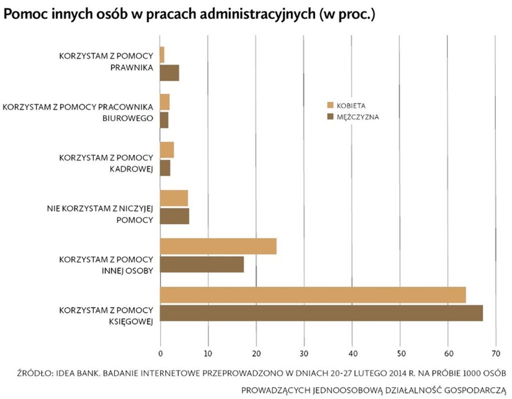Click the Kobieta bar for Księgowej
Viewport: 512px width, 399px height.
[313, 295]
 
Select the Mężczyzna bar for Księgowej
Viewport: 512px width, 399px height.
[321, 313]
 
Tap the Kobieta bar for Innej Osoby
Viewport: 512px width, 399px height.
[218, 246]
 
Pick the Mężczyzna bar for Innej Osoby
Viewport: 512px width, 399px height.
[202, 264]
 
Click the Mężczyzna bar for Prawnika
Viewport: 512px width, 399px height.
[169, 73]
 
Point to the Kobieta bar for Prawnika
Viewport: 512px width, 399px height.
[162, 54]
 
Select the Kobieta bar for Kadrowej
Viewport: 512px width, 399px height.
[167, 150]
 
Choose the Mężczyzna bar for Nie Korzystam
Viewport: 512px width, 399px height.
[174, 216]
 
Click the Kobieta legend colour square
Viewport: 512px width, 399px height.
[330, 106]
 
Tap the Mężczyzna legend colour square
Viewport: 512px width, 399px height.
[330, 117]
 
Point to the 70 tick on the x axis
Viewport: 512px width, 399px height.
[496, 353]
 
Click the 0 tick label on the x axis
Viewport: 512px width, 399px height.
[160, 353]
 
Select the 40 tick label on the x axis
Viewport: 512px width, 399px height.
[352, 353]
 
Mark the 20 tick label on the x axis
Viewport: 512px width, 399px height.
[256, 353]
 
